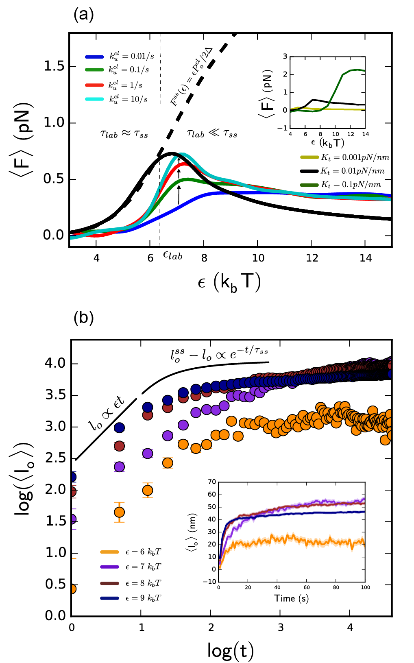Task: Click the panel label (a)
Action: [x=83, y=15]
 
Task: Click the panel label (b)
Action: [x=83, y=318]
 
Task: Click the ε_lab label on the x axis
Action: [x=172, y=255]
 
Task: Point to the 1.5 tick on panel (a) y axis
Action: [x=54, y=67]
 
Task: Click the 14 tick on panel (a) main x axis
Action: [x=365, y=258]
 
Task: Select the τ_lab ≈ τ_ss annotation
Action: [x=124, y=133]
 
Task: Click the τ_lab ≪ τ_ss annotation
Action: [x=212, y=133]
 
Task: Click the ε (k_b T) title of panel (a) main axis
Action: [x=229, y=281]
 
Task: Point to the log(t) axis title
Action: [x=230, y=650]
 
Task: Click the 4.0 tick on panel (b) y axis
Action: [x=55, y=363]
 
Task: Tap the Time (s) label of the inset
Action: [x=291, y=598]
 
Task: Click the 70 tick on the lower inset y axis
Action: [x=212, y=482]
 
